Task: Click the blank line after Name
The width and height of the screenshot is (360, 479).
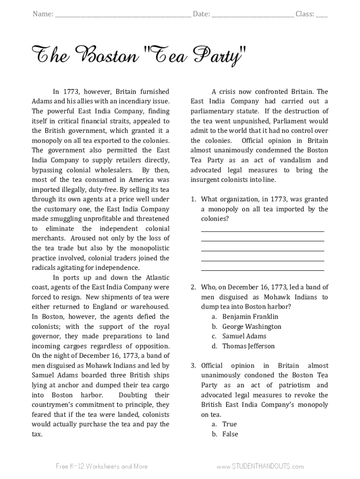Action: click(x=123, y=15)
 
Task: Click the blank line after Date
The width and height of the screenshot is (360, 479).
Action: click(x=252, y=15)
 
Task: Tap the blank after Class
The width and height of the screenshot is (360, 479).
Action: click(x=322, y=15)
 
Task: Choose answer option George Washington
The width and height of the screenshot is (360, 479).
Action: click(x=252, y=327)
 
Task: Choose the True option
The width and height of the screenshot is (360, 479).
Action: click(x=229, y=424)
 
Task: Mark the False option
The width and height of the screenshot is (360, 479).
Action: click(x=230, y=434)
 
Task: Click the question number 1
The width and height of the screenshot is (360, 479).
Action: click(x=193, y=199)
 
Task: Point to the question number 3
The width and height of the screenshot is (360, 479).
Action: click(x=193, y=366)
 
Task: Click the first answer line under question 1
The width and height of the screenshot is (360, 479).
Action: click(x=262, y=231)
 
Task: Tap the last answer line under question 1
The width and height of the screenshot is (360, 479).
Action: click(x=262, y=270)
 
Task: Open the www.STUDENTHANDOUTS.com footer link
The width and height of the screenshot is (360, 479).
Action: click(x=260, y=466)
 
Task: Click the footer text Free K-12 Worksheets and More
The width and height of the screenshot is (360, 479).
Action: click(x=101, y=466)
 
